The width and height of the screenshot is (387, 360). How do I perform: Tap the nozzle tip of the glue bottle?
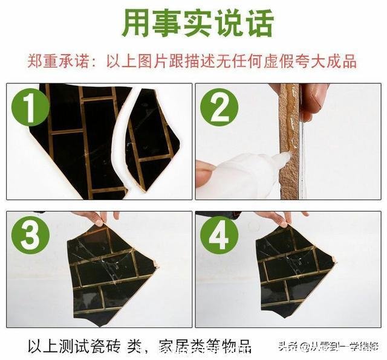coord(286,158)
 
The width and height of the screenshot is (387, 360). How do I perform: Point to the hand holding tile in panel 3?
coord(97,216)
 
